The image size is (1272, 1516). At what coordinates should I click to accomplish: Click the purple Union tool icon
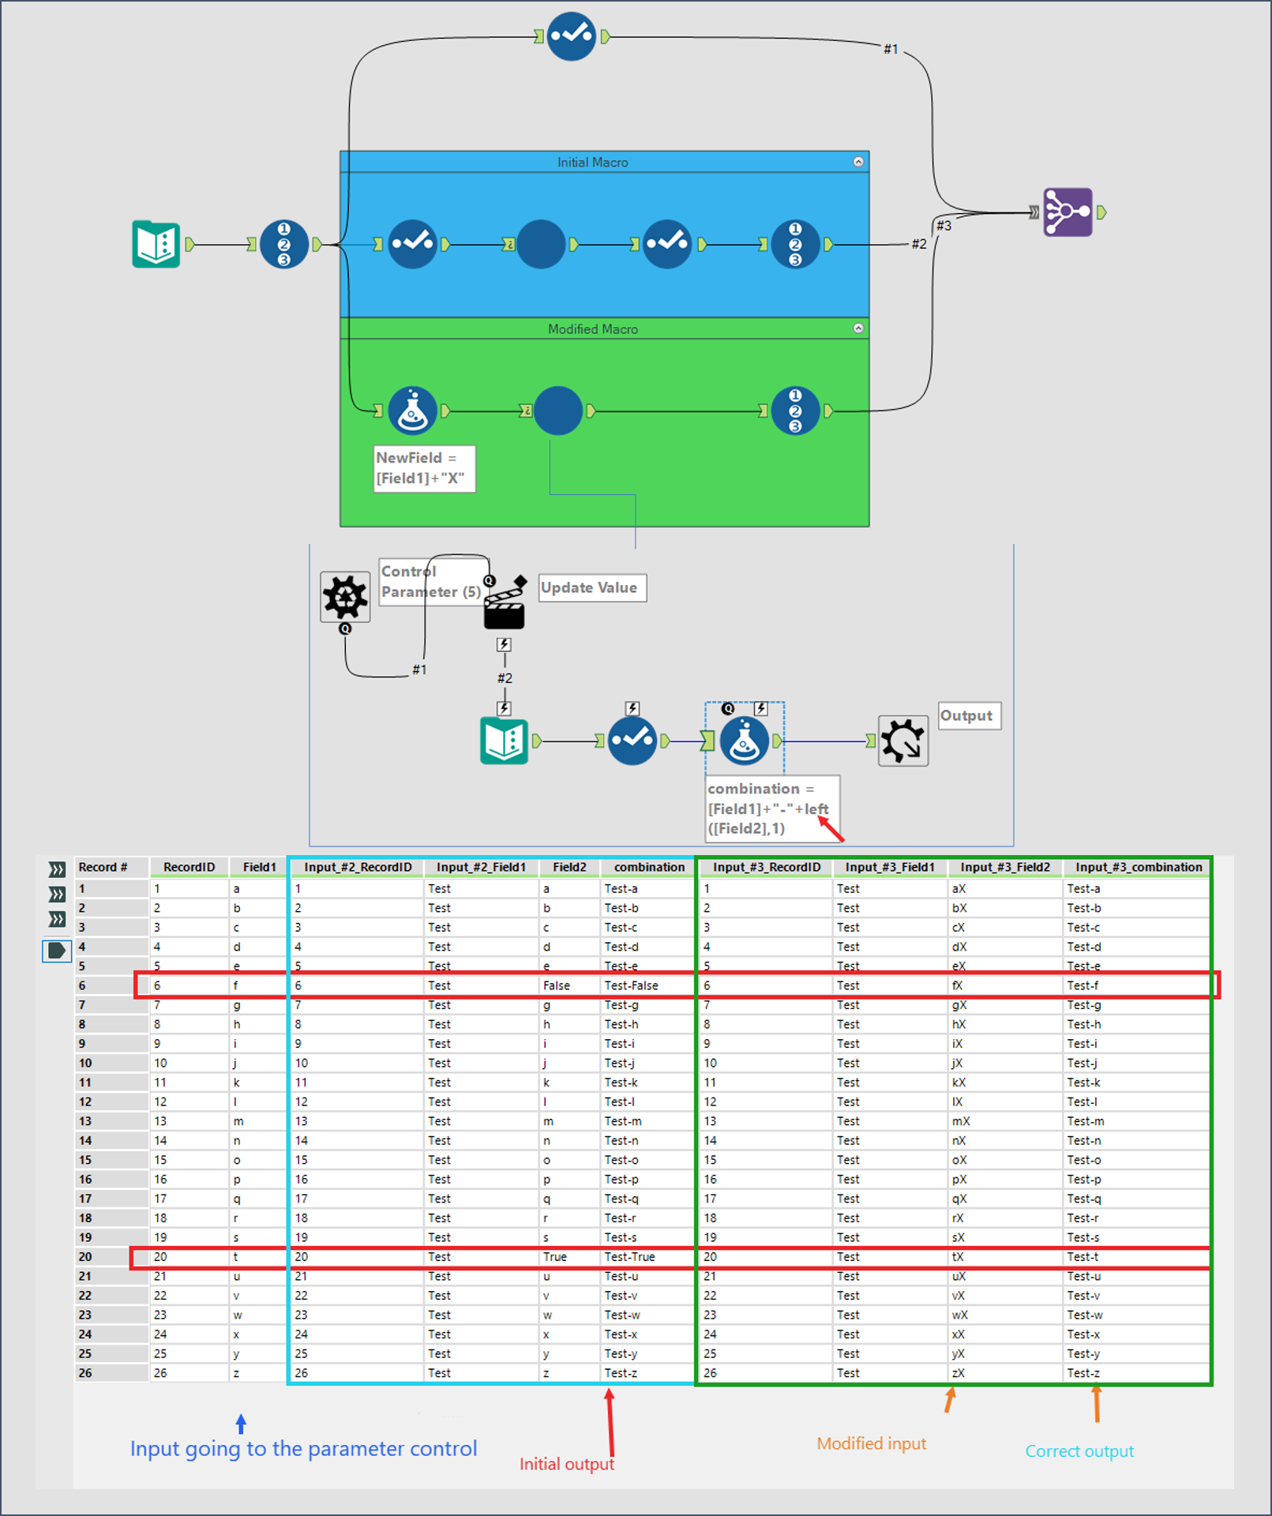pos(1068,212)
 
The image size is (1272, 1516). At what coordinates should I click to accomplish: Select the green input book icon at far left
pos(156,244)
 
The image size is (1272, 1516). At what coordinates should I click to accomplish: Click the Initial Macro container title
pos(592,162)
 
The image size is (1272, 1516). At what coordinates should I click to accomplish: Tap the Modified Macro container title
pos(592,329)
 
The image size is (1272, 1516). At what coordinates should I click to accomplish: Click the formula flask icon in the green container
pos(412,411)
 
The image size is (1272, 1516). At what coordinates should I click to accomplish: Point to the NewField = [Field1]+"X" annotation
pos(424,468)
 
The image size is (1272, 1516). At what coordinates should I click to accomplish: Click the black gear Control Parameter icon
pos(345,597)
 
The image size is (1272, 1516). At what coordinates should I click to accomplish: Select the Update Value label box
pos(591,587)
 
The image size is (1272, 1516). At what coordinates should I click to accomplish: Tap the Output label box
pos(968,715)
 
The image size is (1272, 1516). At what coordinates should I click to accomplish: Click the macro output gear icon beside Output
pos(903,741)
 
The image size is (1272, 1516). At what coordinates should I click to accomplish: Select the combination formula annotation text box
pos(771,808)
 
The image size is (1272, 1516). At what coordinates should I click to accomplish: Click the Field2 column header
pos(569,867)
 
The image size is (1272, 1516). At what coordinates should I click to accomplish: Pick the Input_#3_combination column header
pos(1138,867)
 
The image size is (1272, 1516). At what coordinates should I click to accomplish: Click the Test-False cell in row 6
pos(631,985)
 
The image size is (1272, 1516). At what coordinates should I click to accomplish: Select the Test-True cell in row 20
pos(629,1256)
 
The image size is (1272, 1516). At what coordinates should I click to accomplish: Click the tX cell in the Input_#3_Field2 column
pos(958,1256)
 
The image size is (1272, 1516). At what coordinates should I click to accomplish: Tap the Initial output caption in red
pos(566,1464)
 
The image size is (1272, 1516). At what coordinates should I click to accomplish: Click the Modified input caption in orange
pos(871,1443)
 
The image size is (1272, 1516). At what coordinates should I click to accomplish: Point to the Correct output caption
pos(1079,1450)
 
